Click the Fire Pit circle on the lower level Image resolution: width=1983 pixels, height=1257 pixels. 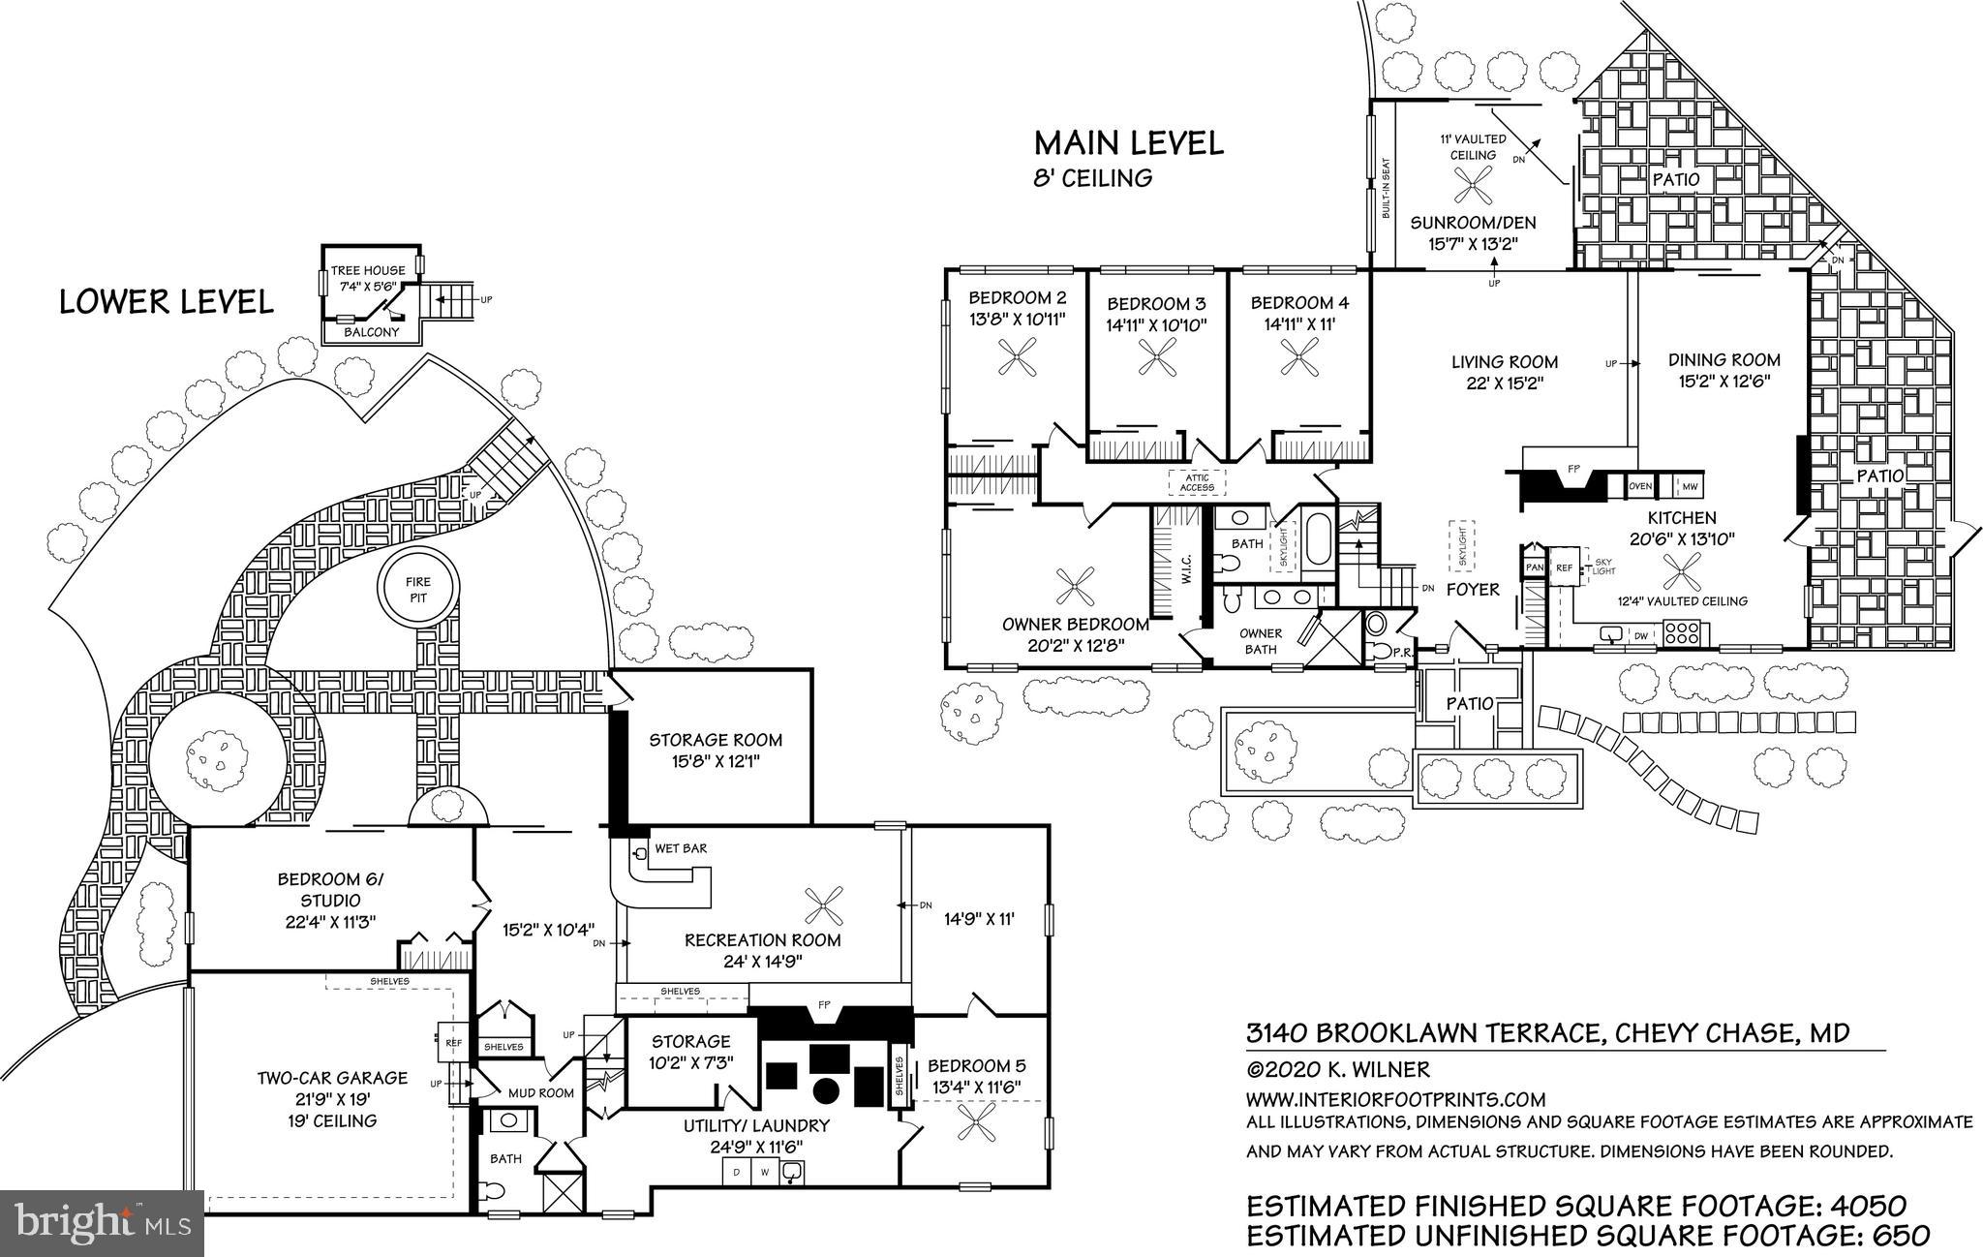[418, 589]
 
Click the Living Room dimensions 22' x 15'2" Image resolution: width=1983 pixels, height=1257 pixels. [1504, 383]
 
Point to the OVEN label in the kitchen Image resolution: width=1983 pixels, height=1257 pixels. [1640, 486]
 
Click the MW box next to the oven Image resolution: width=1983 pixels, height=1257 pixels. [1689, 486]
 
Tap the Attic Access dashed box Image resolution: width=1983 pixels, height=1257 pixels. [1197, 481]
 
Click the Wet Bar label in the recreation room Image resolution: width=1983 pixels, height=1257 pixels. [681, 848]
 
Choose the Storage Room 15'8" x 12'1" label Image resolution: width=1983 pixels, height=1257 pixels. [716, 751]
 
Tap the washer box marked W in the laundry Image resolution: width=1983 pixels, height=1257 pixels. [764, 1173]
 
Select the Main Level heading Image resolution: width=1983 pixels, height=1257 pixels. [1128, 143]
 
